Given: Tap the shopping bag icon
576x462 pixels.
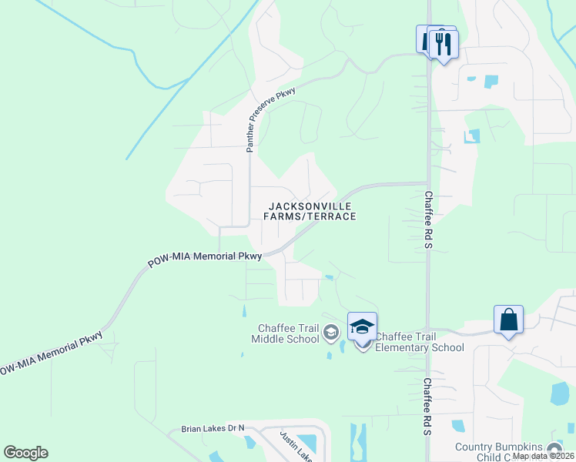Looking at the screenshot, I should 508,320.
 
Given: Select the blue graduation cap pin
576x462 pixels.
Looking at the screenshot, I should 362,326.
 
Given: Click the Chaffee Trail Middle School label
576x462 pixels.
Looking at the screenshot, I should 288,333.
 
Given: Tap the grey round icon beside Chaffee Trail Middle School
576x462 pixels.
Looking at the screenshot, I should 331,333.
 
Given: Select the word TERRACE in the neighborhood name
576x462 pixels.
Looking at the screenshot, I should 333,217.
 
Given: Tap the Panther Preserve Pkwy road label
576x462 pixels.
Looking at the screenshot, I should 271,119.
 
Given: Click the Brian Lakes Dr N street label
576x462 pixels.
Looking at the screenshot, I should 212,428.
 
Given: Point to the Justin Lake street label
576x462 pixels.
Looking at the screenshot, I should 294,445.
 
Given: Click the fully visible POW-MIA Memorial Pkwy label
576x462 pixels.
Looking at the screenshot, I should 206,260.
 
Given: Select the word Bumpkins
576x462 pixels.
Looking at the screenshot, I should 521,447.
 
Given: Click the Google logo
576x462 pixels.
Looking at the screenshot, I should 25,453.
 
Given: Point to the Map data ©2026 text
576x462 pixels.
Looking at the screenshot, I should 544,456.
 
